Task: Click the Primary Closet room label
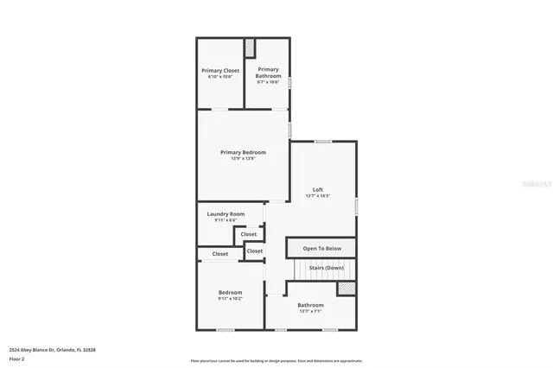220,70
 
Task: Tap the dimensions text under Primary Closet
220,77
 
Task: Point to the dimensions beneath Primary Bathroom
268,82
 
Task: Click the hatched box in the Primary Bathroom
251,48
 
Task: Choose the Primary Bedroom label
242,152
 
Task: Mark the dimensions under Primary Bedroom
242,159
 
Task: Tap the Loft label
318,189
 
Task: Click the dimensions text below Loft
318,196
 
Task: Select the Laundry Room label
226,213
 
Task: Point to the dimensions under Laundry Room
226,220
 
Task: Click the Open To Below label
321,249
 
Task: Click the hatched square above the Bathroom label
345,289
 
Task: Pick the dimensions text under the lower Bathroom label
310,312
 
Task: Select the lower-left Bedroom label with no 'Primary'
230,292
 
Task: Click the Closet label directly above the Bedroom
220,254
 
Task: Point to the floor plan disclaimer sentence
276,360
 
